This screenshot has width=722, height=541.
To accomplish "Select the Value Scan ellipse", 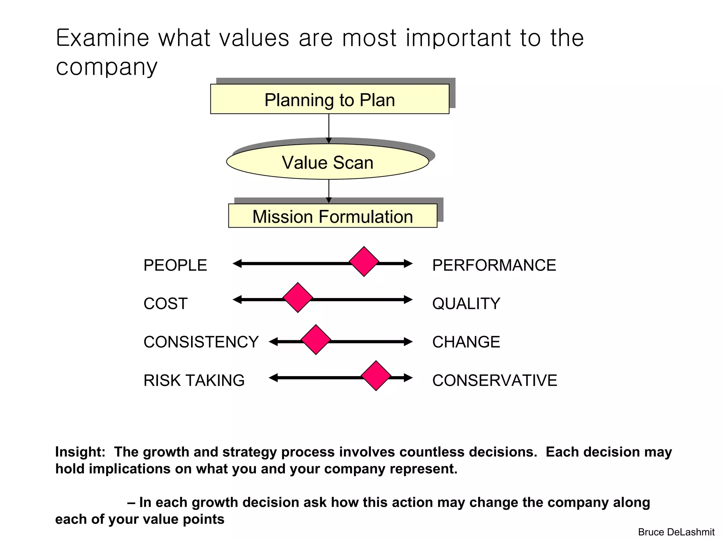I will coord(328,162).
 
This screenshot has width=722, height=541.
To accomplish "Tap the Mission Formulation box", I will coord(332,216).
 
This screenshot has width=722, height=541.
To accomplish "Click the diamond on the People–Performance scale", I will coord(364,262).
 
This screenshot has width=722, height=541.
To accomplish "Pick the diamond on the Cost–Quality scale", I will coord(298,298).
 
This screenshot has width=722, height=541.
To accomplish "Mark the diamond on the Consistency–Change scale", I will coord(316,340).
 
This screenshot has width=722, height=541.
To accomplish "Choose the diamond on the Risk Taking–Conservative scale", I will coord(376,376).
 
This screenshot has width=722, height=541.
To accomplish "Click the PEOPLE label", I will coord(175,265).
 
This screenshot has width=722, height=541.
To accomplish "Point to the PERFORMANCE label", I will coord(494,265).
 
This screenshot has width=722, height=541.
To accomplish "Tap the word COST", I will coord(165,304).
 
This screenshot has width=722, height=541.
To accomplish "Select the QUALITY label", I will coord(466,304).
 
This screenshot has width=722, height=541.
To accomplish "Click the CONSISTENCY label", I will coord(201,342).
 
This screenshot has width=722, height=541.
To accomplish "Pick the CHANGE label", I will coord(466,342).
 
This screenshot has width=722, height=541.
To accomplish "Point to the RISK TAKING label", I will coord(194,380).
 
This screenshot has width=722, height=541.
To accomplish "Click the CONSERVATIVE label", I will coord(495,380).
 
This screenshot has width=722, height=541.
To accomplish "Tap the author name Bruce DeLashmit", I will coord(676,532).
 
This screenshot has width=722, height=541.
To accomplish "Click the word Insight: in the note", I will coord(80,452).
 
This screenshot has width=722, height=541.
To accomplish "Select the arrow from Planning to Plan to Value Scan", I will coord(329,128).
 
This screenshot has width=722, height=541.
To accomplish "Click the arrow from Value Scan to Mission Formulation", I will coord(329,191).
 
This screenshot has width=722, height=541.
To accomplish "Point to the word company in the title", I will coord(106,67).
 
